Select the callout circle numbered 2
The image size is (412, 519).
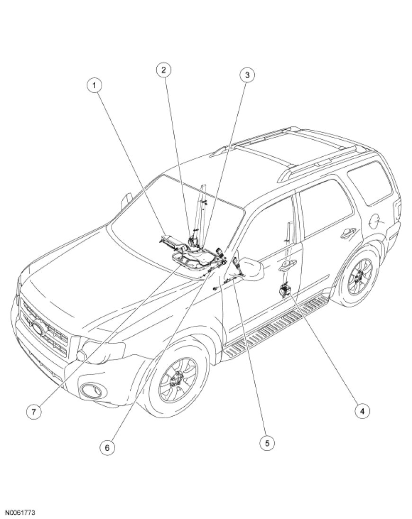[x=163, y=70]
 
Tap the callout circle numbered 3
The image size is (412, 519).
[x=247, y=75]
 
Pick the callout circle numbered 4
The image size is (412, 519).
[x=362, y=411]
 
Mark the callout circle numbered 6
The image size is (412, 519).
[x=107, y=447]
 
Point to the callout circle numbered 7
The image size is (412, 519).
[x=34, y=412]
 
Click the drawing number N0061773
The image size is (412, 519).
[x=20, y=512]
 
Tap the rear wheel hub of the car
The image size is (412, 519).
[x=358, y=279]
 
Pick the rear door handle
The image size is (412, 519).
[x=349, y=232]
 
